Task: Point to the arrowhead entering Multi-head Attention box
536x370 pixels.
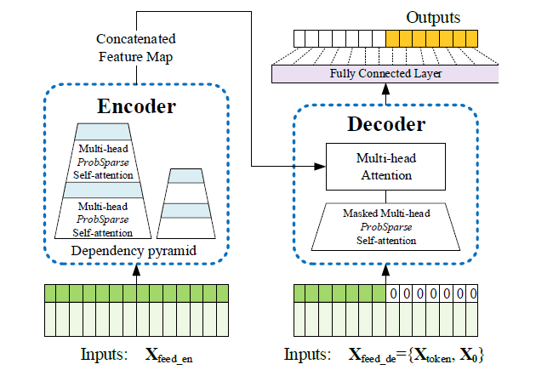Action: click(x=322, y=167)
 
